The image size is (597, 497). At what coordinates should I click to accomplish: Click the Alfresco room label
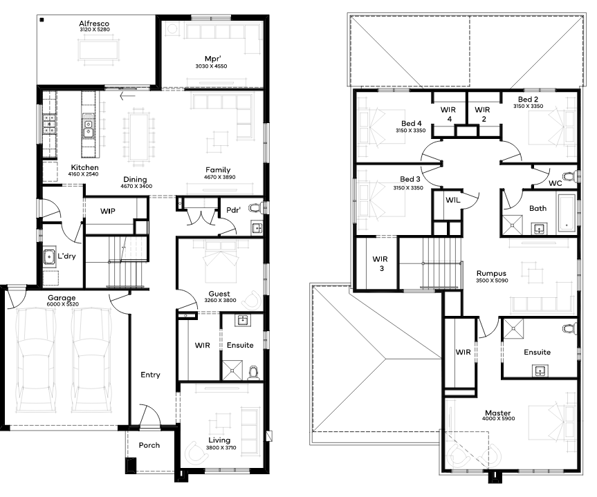click(x=94, y=24)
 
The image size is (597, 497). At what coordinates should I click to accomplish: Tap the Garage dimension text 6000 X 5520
click(x=62, y=304)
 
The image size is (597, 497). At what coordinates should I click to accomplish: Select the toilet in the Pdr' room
click(x=255, y=208)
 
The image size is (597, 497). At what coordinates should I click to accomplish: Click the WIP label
click(x=108, y=211)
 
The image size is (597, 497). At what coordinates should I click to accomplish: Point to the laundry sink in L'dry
click(x=49, y=256)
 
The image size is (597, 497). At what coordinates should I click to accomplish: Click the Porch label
click(x=149, y=445)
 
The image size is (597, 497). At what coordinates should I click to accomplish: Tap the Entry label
click(x=150, y=375)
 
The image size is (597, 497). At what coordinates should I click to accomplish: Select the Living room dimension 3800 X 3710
click(x=221, y=447)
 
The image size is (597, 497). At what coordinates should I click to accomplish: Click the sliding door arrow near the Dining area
click(x=127, y=96)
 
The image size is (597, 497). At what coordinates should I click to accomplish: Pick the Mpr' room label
click(x=212, y=59)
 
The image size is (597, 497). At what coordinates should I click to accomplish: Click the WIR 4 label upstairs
click(x=448, y=114)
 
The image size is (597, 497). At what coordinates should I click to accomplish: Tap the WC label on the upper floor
click(x=555, y=183)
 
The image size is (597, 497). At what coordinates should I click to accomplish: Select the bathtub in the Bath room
click(x=567, y=213)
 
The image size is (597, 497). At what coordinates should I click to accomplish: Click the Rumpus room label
click(x=492, y=273)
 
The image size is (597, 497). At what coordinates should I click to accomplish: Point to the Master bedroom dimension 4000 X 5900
click(x=498, y=419)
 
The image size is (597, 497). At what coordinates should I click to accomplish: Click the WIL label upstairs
click(x=452, y=200)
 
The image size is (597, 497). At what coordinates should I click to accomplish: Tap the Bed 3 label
click(x=410, y=179)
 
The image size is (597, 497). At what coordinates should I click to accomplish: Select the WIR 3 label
click(x=380, y=264)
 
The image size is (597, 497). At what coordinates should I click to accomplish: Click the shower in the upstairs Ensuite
click(x=513, y=328)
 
